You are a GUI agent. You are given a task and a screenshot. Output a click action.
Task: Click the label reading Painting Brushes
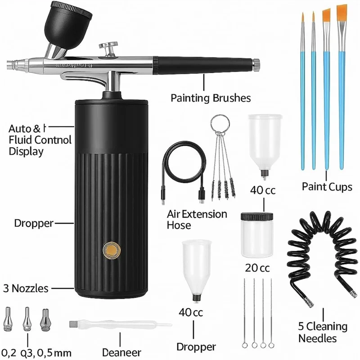coord(210,98)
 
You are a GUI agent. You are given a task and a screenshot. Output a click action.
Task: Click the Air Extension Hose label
coord(197,219)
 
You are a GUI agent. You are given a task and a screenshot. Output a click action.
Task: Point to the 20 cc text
coord(257,268)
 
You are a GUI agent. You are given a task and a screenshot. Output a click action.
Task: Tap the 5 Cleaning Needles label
coord(323,332)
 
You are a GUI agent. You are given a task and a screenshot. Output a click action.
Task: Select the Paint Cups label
coord(327,186)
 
